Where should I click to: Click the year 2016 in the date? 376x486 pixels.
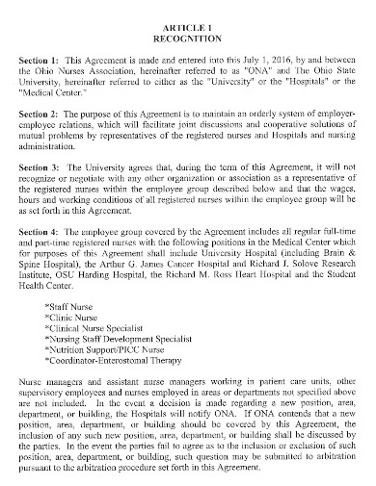(255, 59)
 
